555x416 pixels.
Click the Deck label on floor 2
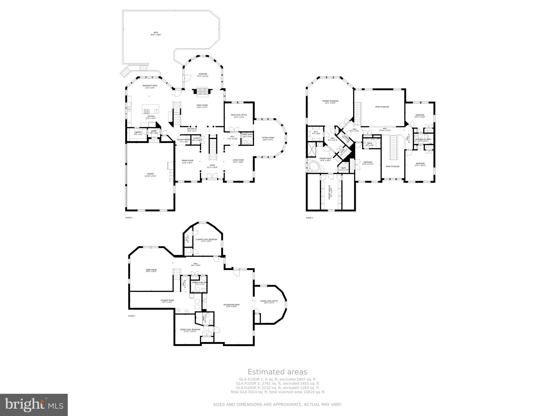click(156, 34)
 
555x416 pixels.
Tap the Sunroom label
click(202, 75)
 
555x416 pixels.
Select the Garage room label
click(150, 175)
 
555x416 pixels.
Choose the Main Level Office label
click(239, 116)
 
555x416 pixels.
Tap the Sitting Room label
click(268, 139)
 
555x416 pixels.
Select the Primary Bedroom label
click(330, 102)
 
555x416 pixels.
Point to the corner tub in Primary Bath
click(314, 166)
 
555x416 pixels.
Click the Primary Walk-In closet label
click(330, 192)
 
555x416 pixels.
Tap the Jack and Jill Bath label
click(423, 140)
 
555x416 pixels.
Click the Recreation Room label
click(231, 305)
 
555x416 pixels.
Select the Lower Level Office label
click(269, 302)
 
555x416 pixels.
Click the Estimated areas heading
click(277, 372)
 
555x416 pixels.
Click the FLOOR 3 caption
click(309, 218)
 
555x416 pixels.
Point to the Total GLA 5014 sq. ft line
click(277, 392)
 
